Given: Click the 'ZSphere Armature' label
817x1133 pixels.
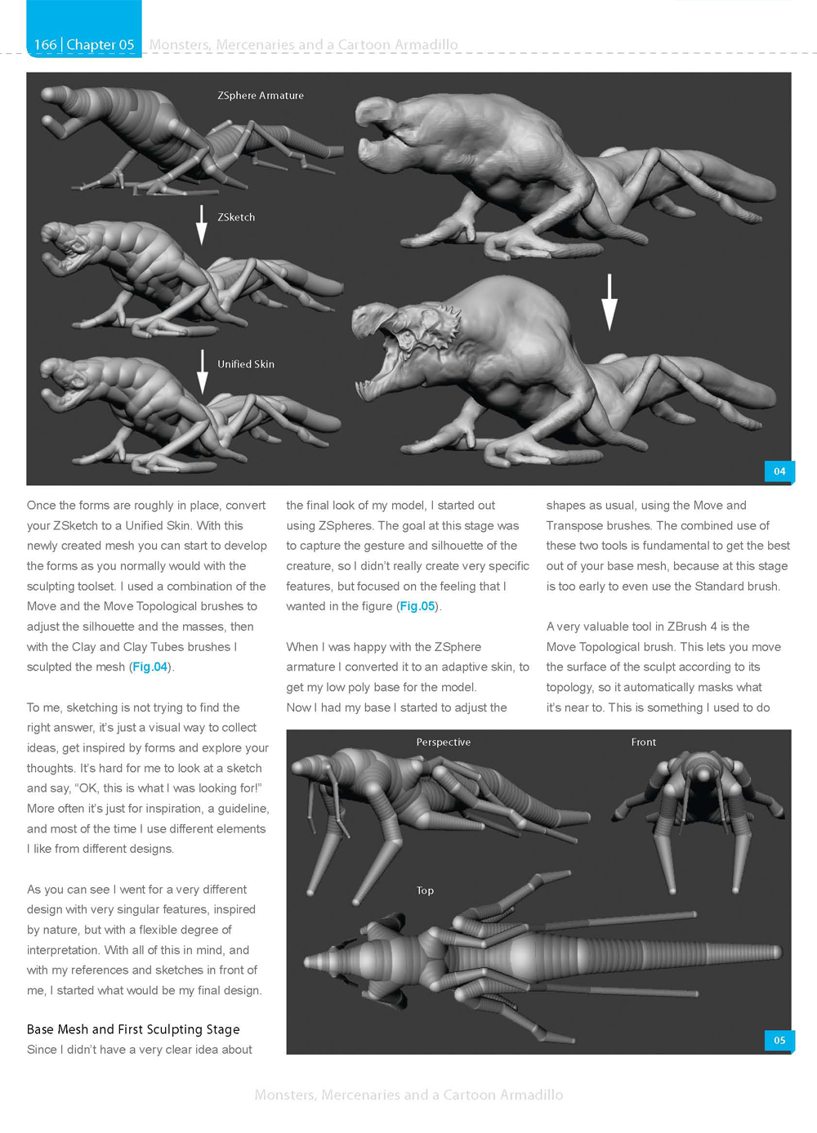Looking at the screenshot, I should coord(261,96).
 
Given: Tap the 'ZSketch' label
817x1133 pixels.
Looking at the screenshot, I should coord(236,217).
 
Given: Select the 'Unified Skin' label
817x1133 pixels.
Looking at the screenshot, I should coord(246,364).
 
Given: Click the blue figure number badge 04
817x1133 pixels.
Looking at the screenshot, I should coord(779,471).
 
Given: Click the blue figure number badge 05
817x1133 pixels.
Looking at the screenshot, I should coord(779,1041).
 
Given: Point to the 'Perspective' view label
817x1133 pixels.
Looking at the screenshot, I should coord(443,743).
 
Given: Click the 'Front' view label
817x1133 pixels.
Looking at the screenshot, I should coord(643,743).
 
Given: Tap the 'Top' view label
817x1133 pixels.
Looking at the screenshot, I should coord(425,890).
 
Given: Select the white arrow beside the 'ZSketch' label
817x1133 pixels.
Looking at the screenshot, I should coord(201,225).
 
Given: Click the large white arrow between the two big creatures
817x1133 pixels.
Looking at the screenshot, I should coord(609,301).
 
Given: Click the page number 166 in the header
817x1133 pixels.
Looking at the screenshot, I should coord(46,45).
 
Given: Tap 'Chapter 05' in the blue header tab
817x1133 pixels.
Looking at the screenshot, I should coord(100,45).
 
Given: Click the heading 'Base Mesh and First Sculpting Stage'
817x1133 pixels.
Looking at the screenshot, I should coord(133,1029).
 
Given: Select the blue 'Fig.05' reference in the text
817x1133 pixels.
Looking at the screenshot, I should coord(417,606).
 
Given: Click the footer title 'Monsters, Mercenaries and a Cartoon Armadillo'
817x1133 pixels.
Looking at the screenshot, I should coord(408,1095).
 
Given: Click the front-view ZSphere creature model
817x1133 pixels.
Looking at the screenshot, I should coord(701,809).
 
